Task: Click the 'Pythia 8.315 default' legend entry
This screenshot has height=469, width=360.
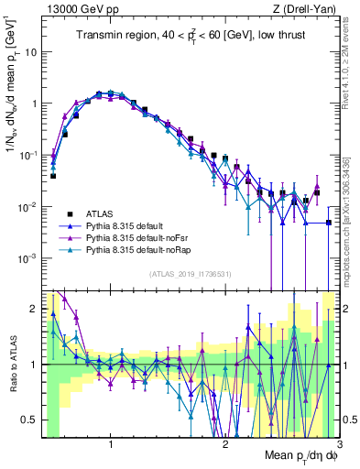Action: [x=134, y=225]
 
